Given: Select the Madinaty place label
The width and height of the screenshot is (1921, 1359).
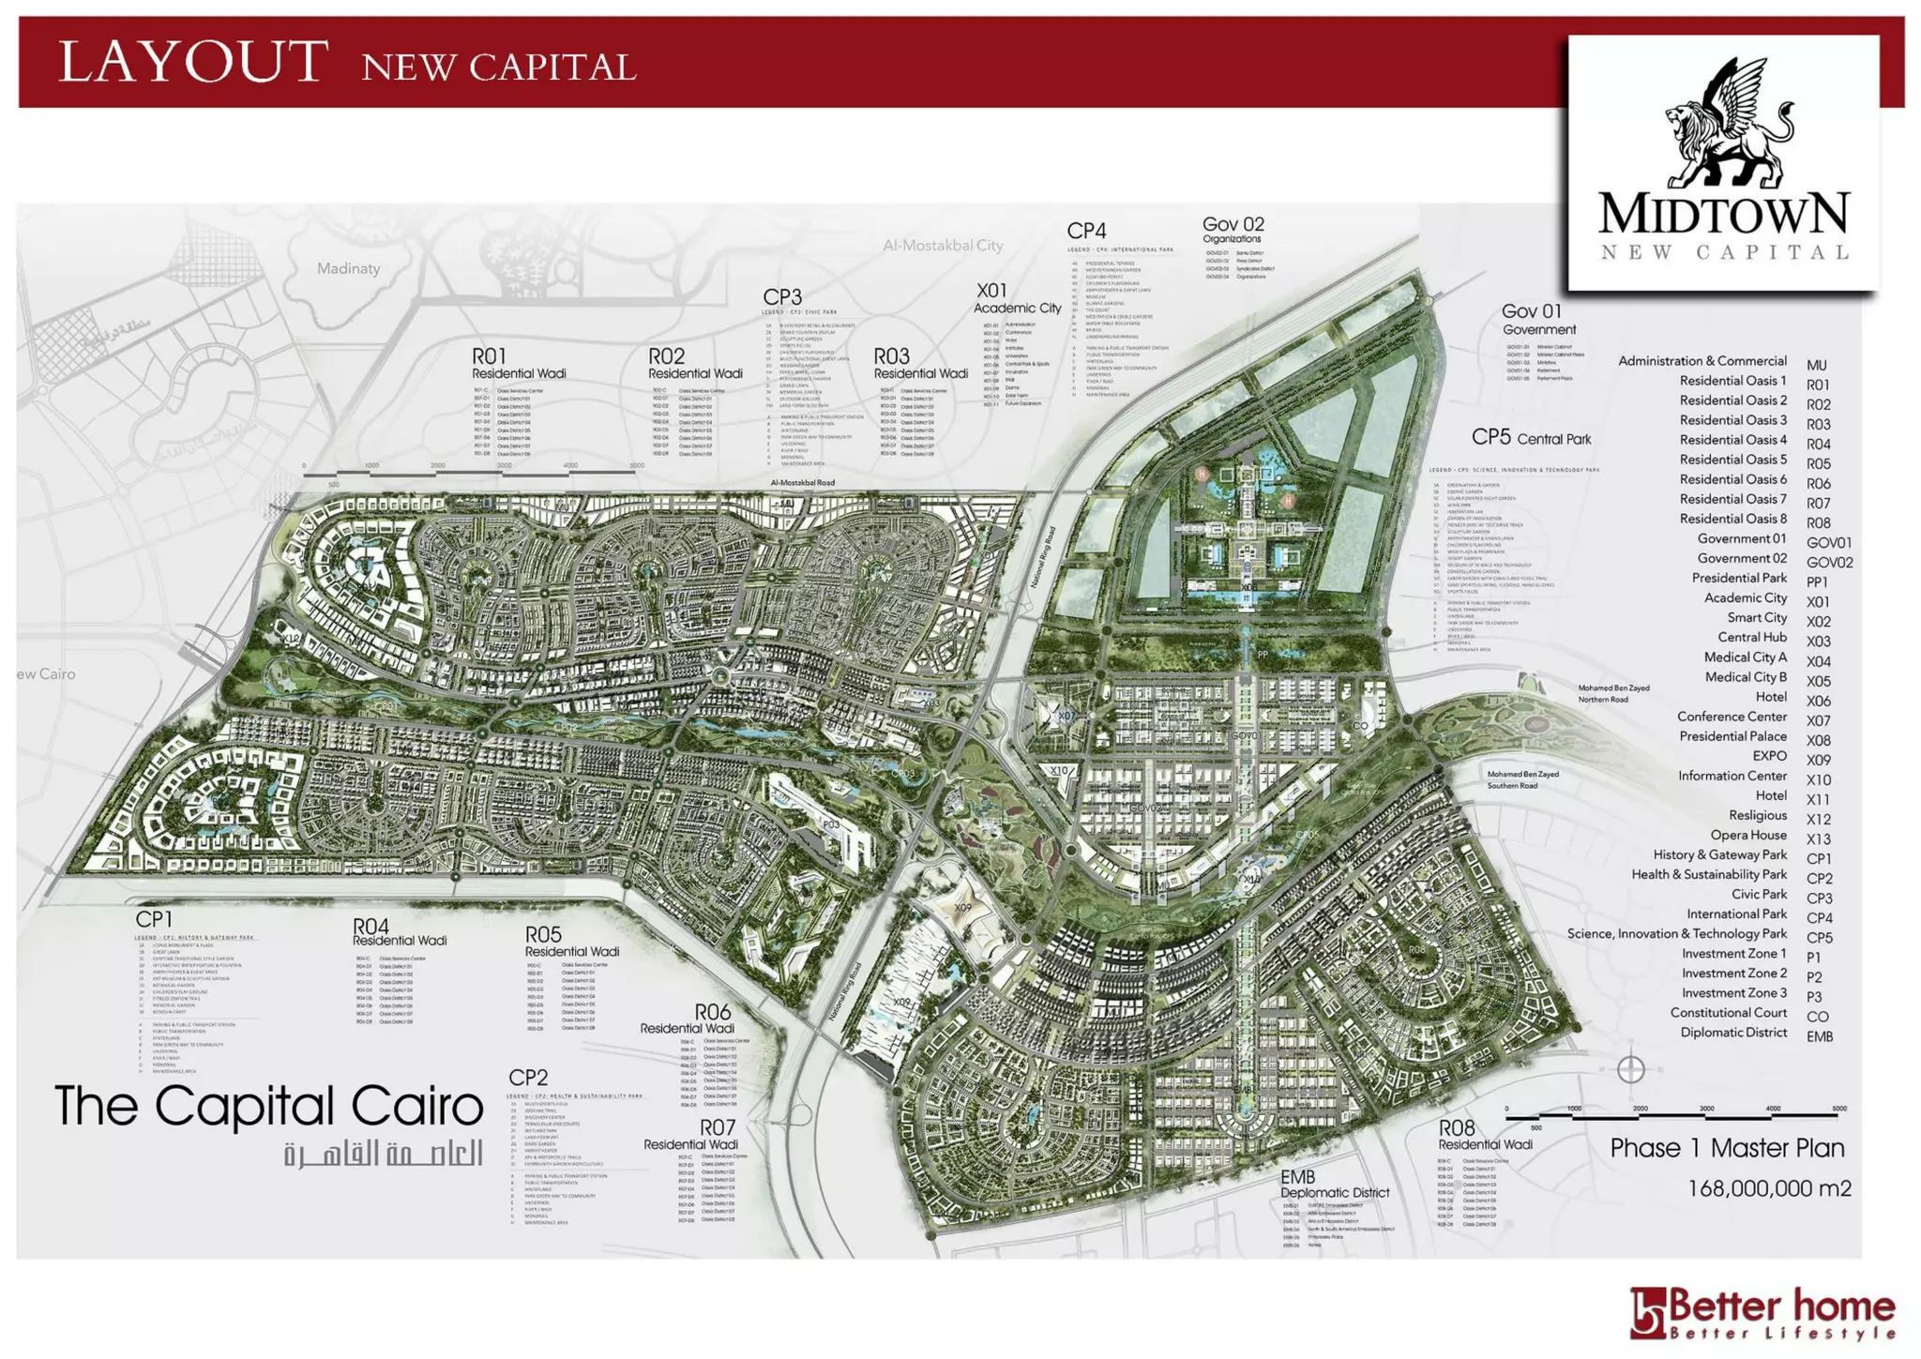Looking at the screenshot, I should pos(348,269).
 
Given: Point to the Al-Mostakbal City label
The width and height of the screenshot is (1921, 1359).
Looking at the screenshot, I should pos(942,246).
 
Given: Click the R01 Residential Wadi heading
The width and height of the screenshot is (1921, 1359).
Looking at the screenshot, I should pos(518,364).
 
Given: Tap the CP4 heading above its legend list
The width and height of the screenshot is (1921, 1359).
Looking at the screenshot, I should pos(1086,231).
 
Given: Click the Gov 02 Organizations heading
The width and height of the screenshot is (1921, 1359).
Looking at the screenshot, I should pos(1233,229).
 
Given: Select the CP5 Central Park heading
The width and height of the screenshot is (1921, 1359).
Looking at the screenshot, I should pos(1531,438).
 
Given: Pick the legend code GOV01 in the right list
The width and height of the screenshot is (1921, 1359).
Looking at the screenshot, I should pos(1828,543).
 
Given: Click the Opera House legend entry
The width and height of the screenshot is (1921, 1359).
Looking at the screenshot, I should pos(1747,835).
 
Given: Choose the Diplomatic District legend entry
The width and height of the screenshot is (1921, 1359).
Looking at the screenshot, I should pos(1733,1033).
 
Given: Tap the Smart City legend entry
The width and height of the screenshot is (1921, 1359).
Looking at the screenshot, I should pos(1757,617).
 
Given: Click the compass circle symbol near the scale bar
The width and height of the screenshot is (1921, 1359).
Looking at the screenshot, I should pos(1630,1069).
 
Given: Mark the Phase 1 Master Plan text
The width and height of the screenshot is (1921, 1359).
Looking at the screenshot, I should pos(1727,1149).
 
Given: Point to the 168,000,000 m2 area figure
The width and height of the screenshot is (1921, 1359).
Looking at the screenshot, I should pos(1769,1189).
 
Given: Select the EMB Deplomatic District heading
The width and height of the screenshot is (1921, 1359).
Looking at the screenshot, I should pos(1334,1185).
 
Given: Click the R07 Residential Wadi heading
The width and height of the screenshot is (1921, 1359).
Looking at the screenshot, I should pos(690,1134).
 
